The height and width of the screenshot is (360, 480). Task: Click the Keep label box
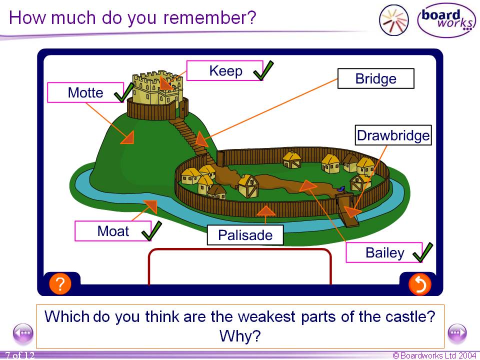pos(225,71)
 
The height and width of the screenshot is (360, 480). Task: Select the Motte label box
pos(85,92)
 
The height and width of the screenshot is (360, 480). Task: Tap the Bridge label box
pos(375,78)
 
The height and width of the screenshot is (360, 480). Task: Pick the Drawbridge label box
pos(393,135)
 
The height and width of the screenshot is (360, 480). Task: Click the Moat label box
pos(112,231)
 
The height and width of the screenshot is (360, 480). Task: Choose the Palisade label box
pos(245,235)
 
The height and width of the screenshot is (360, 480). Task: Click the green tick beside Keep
pos(263,70)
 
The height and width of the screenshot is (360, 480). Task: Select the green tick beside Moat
pos(151,230)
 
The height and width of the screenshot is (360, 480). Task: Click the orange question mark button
pos(59,284)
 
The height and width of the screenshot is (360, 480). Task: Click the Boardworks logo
pos(446,20)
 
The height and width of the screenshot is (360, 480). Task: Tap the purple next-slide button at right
pos(456,332)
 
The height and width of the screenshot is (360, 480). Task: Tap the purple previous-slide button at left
pos(23,332)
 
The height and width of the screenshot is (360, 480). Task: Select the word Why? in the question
pos(240,335)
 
